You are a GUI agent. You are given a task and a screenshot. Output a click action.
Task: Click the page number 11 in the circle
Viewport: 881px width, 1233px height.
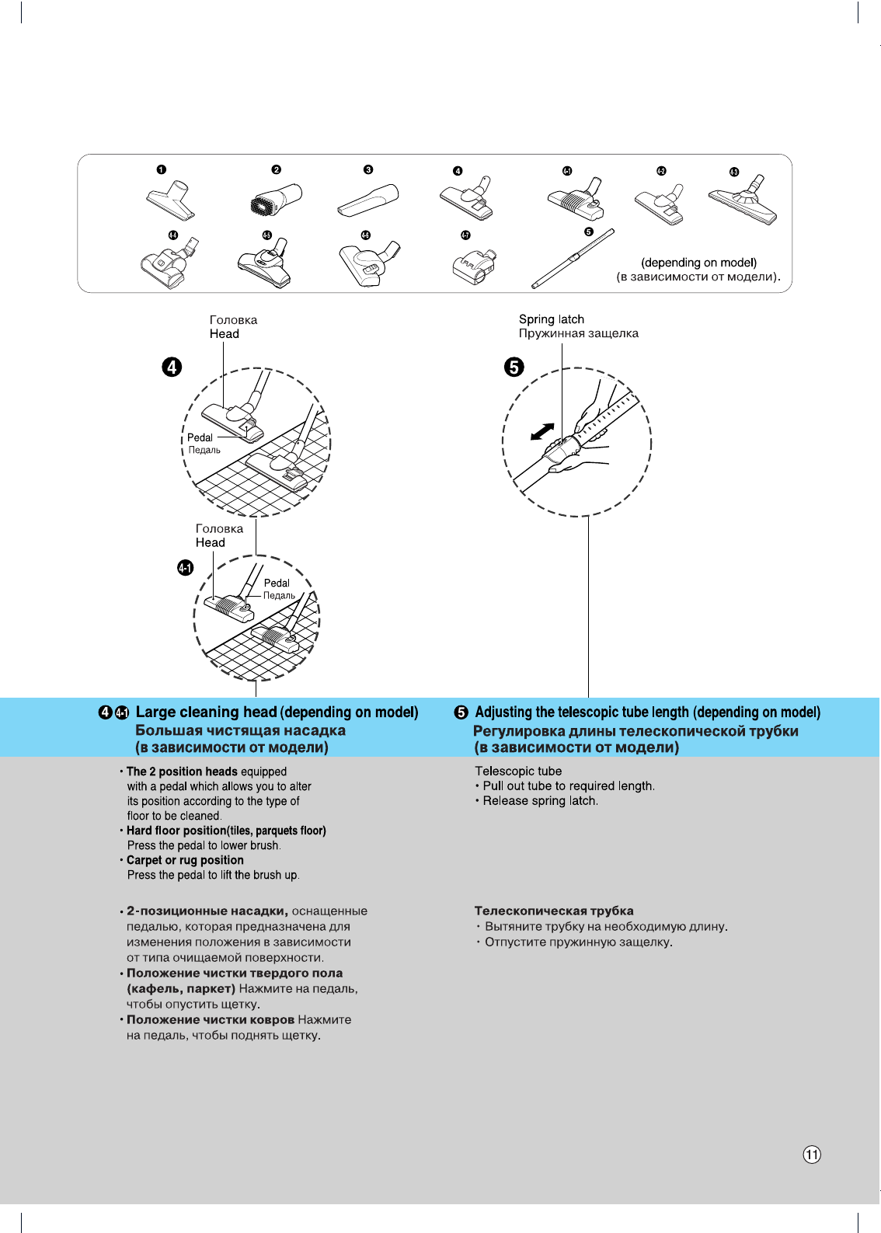812,1155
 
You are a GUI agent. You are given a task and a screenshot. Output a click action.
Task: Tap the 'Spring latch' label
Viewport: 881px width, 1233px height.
551,319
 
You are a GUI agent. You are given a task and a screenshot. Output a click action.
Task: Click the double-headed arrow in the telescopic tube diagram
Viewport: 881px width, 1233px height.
542,431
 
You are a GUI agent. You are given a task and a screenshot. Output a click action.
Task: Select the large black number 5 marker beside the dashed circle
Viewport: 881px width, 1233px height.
514,367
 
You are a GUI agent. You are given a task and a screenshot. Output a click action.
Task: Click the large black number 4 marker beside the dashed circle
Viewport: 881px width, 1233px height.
172,367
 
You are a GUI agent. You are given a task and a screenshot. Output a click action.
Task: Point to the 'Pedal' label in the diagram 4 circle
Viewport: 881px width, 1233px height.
200,437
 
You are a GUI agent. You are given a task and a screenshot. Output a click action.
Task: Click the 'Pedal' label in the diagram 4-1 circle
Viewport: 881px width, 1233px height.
276,583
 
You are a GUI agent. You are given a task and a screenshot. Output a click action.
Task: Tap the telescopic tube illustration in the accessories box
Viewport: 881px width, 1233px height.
573,259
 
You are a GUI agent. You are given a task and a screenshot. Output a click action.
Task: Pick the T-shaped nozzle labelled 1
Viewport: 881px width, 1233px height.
170,200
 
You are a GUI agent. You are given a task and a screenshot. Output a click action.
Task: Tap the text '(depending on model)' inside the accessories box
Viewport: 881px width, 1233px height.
698,263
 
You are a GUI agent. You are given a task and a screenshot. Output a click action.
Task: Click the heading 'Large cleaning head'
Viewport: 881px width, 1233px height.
206,712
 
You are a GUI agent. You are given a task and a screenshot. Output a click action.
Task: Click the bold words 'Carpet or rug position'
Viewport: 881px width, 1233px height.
185,860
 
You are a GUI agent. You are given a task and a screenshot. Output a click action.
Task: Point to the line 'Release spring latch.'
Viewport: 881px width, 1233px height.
540,801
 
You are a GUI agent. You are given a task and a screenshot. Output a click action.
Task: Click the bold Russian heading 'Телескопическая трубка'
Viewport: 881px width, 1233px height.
554,911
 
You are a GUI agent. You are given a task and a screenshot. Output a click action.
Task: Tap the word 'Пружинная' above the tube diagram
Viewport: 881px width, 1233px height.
547,333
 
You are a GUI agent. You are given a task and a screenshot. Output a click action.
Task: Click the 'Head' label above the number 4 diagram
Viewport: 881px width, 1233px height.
224,334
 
